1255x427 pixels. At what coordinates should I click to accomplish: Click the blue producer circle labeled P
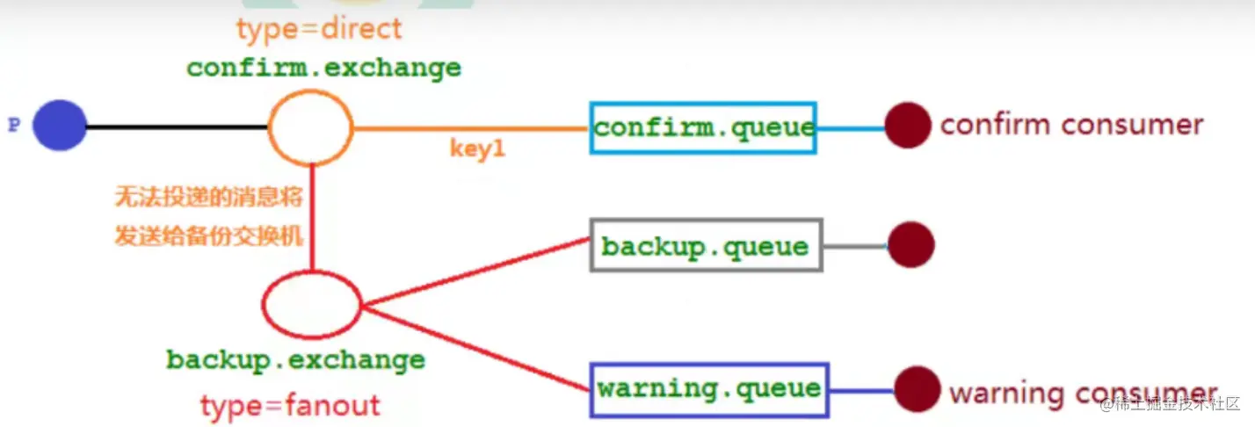(x=60, y=126)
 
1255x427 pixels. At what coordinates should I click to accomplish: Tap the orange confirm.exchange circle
(x=310, y=127)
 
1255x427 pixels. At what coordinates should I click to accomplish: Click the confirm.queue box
(x=703, y=127)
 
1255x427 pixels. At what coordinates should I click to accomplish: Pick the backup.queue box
(x=706, y=245)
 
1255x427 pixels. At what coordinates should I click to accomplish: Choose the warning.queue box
(x=709, y=389)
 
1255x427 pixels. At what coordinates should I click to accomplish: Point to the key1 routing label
(x=477, y=149)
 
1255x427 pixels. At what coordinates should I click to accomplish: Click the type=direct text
(x=319, y=30)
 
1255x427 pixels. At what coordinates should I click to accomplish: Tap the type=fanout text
(x=290, y=406)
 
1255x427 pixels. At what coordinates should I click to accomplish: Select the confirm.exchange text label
(x=323, y=68)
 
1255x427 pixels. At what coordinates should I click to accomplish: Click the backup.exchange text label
(x=295, y=360)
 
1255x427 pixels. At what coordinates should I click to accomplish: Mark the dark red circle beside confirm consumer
(x=907, y=126)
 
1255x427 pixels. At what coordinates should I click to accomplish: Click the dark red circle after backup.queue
(x=910, y=244)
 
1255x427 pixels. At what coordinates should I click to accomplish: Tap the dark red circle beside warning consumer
(x=917, y=389)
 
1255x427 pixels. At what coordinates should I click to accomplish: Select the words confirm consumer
(x=1071, y=125)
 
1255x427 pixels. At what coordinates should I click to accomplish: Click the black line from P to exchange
(x=176, y=127)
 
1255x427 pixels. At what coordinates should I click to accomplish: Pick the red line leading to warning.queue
(x=475, y=348)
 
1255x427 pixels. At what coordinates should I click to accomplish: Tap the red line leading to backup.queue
(x=475, y=273)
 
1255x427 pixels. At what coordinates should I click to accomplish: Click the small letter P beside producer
(x=14, y=126)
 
